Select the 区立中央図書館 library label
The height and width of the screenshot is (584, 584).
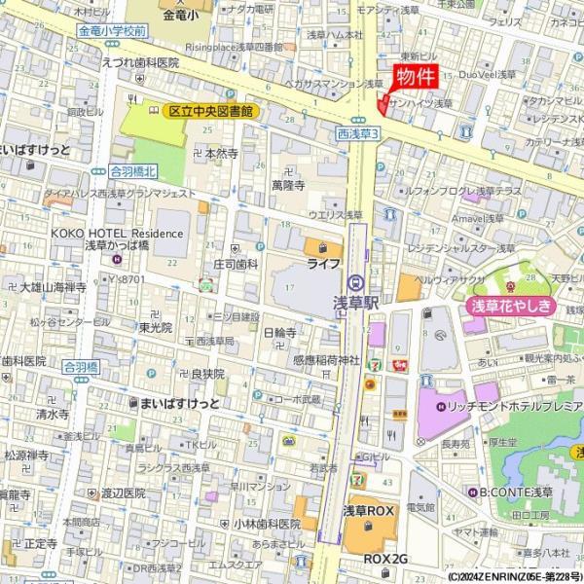pyautogui.click(x=209, y=112)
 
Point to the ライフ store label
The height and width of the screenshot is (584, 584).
pyautogui.click(x=323, y=264)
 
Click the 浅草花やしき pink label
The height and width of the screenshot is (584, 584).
pyautogui.click(x=512, y=307)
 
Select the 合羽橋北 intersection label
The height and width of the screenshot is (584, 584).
pyautogui.click(x=133, y=170)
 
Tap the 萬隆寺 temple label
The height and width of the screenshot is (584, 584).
pyautogui.click(x=289, y=184)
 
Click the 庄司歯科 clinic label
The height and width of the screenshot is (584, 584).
pyautogui.click(x=236, y=264)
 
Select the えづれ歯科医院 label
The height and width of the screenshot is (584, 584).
pyautogui.click(x=141, y=61)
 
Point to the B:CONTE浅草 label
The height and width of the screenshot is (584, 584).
pyautogui.click(x=515, y=491)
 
